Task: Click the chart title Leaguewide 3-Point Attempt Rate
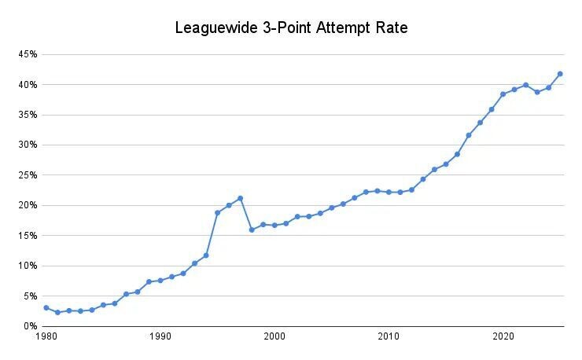pyautogui.click(x=291, y=29)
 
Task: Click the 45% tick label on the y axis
pyautogui.click(x=28, y=54)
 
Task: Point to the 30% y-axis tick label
pyautogui.click(x=28, y=145)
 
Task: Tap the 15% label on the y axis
pyautogui.click(x=28, y=236)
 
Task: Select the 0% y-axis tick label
pyautogui.click(x=30, y=326)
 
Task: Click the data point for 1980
pyautogui.click(x=46, y=307)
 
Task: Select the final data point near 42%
pyautogui.click(x=560, y=74)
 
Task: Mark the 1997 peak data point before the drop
pyautogui.click(x=241, y=198)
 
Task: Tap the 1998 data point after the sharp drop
pyautogui.click(x=252, y=230)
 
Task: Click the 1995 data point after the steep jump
pyautogui.click(x=218, y=212)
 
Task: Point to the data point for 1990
pyautogui.click(x=160, y=280)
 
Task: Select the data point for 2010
pyautogui.click(x=389, y=192)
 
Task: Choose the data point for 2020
pyautogui.click(x=503, y=94)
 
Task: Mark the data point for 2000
pyautogui.click(x=274, y=225)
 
